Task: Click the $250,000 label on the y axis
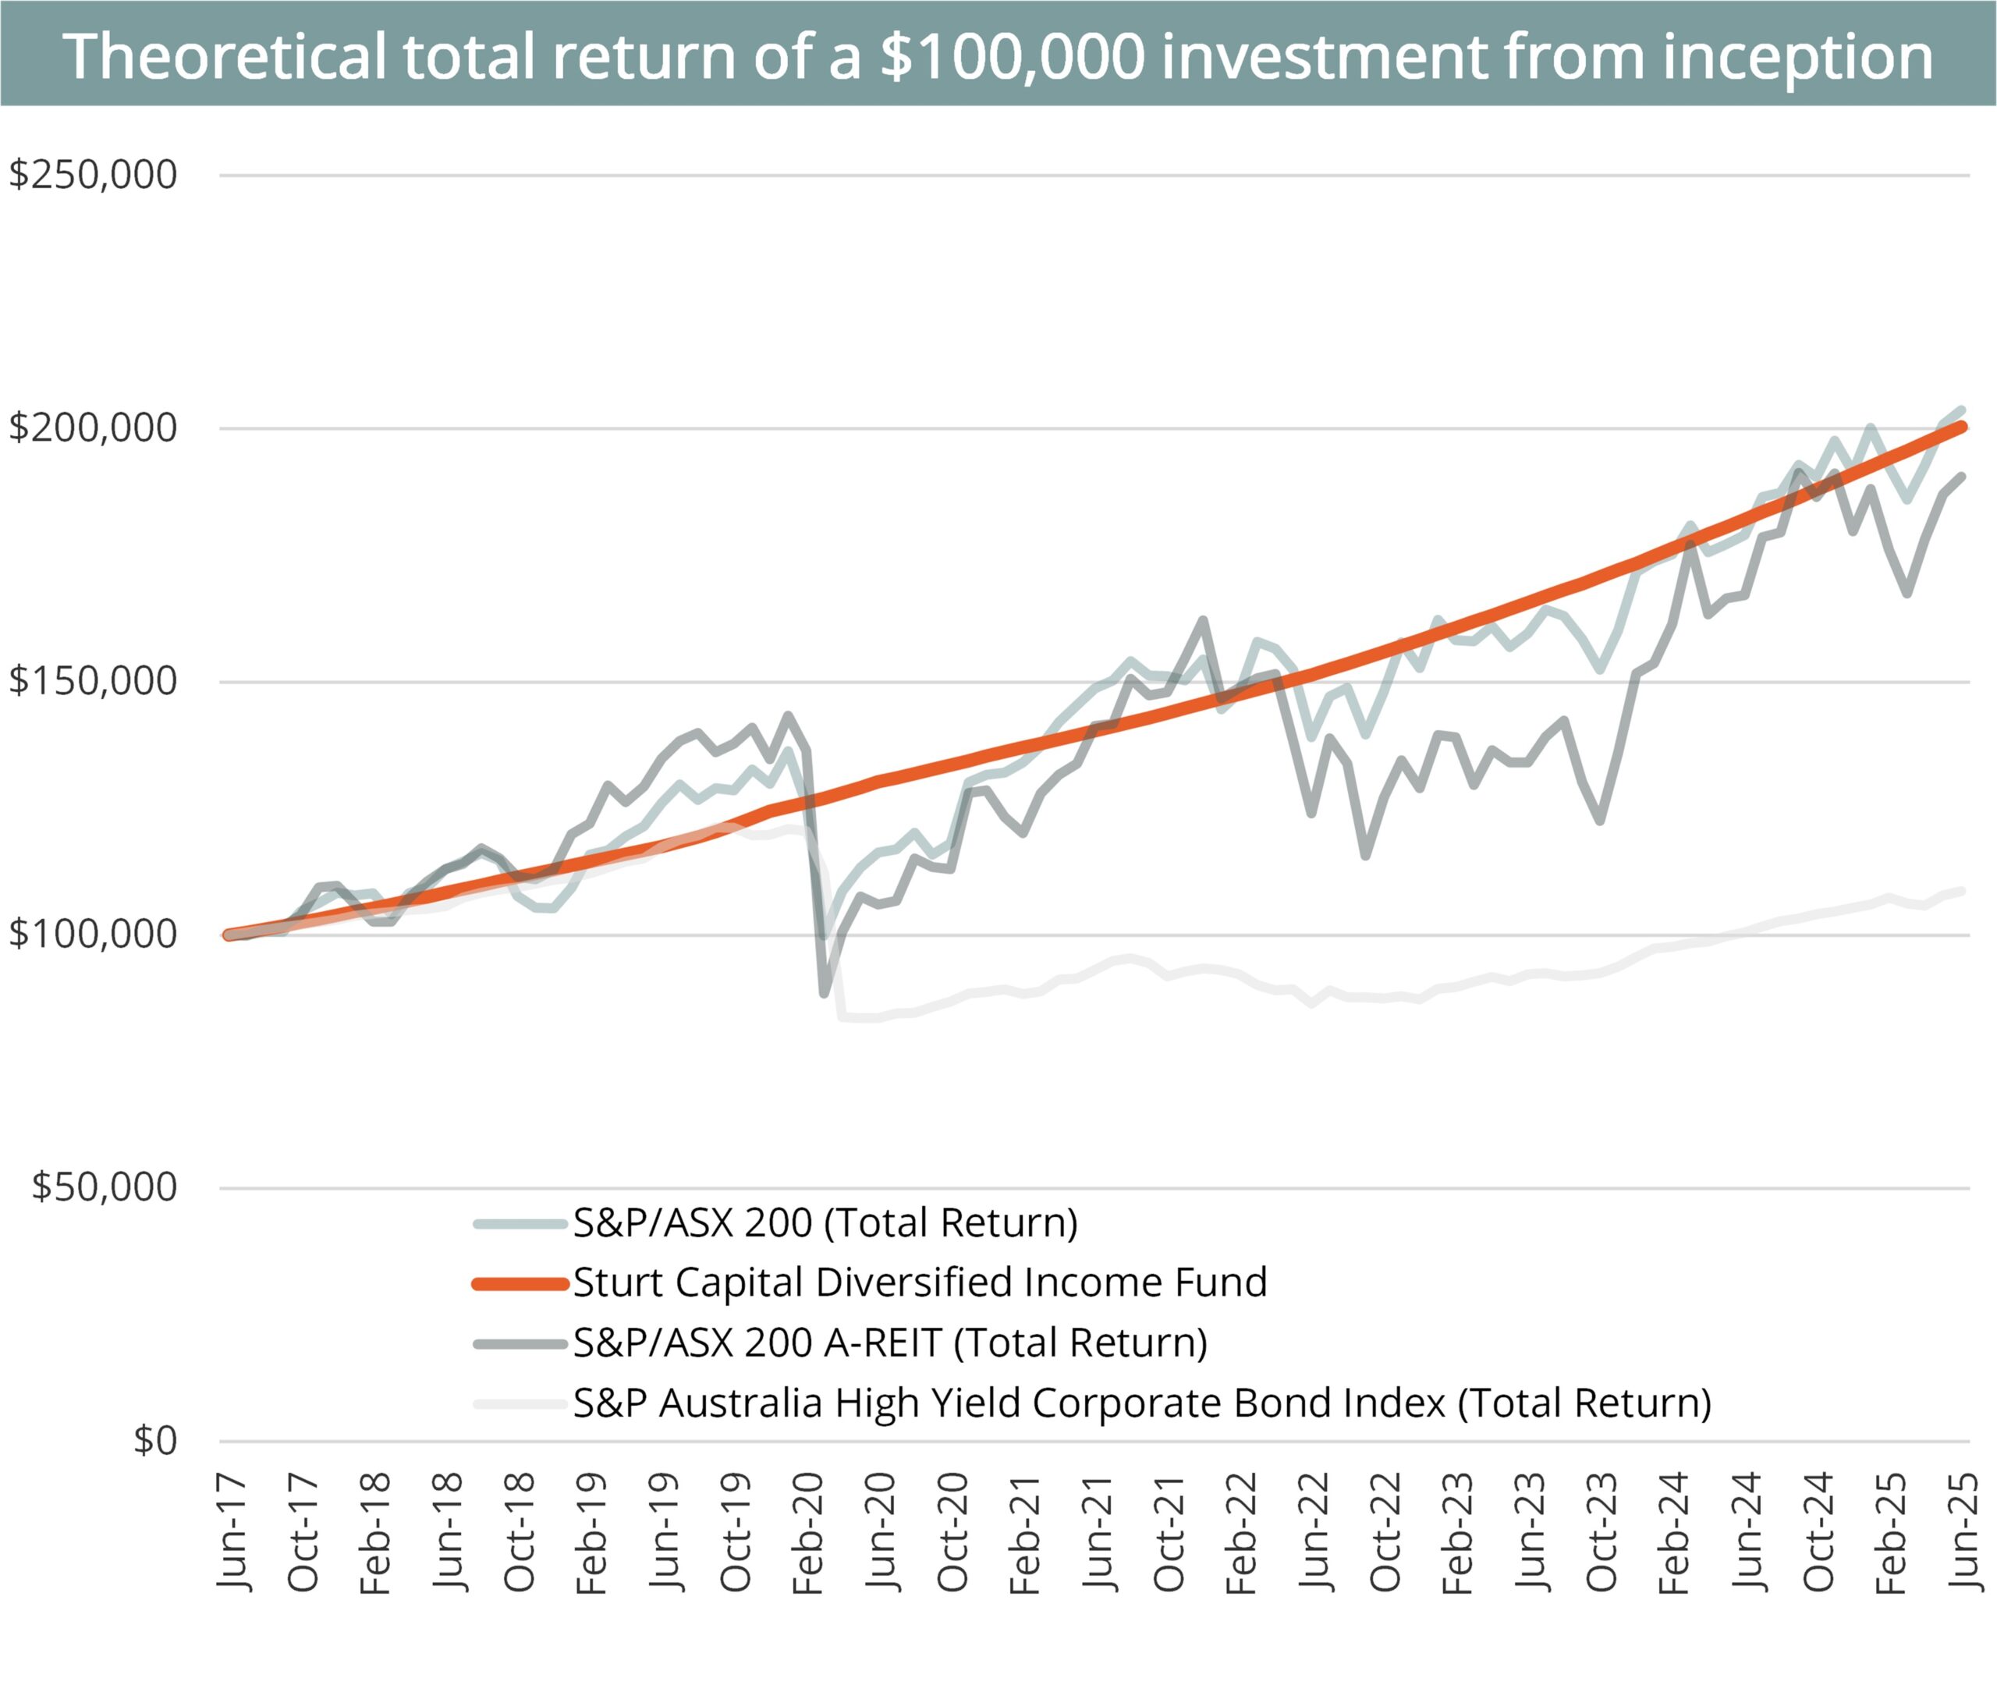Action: tap(93, 175)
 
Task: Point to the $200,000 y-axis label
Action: tap(93, 428)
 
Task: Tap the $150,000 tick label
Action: tap(93, 681)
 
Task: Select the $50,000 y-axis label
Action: tap(104, 1187)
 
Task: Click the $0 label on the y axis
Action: tap(154, 1441)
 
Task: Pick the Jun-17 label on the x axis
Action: tap(233, 1532)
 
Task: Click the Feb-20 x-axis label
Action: tap(809, 1533)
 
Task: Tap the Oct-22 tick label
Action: tap(1385, 1532)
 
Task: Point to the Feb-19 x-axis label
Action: tap(593, 1533)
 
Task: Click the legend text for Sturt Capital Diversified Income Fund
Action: tap(920, 1282)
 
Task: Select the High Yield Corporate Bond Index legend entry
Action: tap(1142, 1403)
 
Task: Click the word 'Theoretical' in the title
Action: tap(225, 55)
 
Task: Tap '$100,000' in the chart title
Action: tap(1013, 55)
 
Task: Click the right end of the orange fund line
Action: tap(1963, 427)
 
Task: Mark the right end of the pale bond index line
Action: tap(1963, 891)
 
